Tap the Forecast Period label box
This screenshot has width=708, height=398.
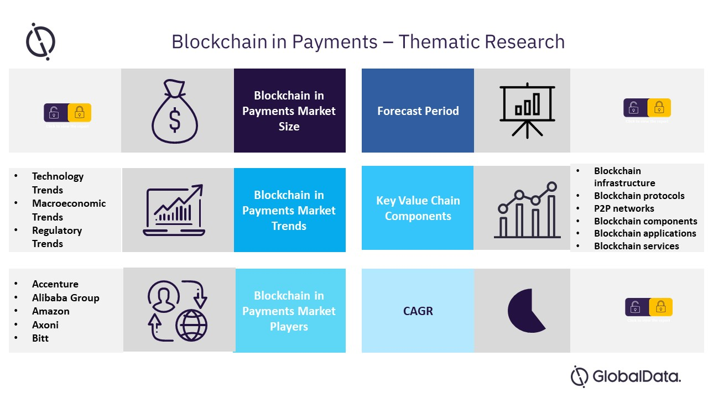(x=418, y=111)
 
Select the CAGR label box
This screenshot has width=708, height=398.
(x=418, y=311)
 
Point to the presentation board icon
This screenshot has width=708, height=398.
(x=527, y=111)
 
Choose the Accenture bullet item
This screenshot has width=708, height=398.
(x=55, y=284)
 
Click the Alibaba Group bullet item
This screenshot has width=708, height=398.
(x=65, y=298)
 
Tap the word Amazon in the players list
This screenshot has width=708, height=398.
(x=51, y=311)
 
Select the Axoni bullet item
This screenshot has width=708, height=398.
(x=45, y=325)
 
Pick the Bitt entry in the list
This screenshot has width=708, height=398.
(x=40, y=338)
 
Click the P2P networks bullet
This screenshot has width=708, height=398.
(x=624, y=208)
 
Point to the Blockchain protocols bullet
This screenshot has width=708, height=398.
(x=639, y=196)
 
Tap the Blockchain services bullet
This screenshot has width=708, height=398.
(x=636, y=246)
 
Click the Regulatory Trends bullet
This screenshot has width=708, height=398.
(x=56, y=237)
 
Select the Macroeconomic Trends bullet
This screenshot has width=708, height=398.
(x=68, y=210)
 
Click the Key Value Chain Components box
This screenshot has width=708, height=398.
(x=418, y=208)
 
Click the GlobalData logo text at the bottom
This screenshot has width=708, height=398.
(x=636, y=377)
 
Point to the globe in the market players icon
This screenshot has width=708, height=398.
(x=191, y=325)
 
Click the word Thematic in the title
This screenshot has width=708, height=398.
(x=440, y=42)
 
